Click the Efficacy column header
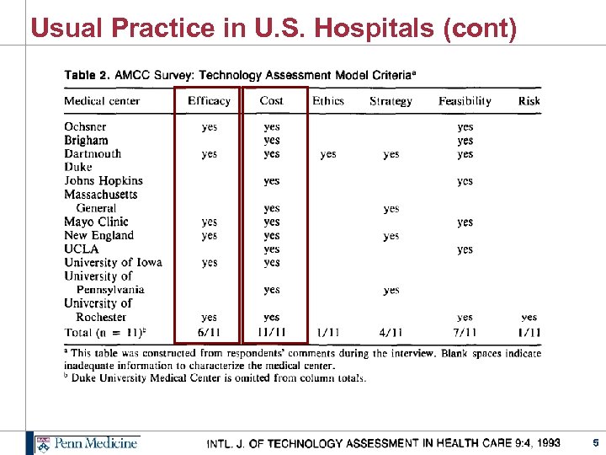tap(209, 101)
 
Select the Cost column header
tap(271, 101)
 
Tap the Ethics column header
tap(328, 101)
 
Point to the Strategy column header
tap(391, 101)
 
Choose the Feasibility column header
tap(465, 101)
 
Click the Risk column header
tap(529, 101)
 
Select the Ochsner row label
tap(85, 127)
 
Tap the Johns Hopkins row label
tap(104, 181)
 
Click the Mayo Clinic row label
tap(97, 222)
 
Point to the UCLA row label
tap(81, 249)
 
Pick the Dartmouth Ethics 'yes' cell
tap(328, 154)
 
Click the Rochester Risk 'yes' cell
tap(529, 318)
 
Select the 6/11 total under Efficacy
tap(209, 332)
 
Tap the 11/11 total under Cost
tap(272, 332)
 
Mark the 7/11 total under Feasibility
tap(465, 332)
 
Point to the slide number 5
tap(594, 442)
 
